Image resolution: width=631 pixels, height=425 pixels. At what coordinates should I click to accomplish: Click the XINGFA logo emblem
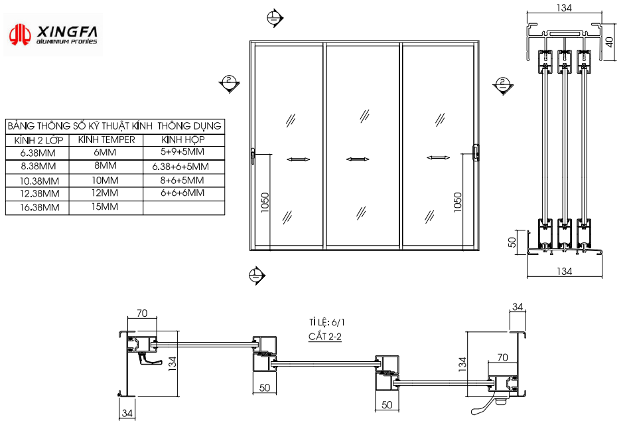[x=20, y=35]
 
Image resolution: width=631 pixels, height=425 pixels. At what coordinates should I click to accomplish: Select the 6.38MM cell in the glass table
[x=38, y=153]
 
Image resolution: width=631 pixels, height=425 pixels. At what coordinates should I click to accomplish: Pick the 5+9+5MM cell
[x=182, y=152]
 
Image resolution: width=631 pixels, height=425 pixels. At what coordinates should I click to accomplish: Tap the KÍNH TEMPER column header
[x=106, y=139]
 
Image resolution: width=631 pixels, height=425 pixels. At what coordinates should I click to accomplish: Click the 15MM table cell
[x=105, y=207]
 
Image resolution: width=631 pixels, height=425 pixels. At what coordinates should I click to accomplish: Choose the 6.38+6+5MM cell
[x=180, y=167]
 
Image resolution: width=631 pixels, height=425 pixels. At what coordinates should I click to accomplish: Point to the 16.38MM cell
[x=39, y=207]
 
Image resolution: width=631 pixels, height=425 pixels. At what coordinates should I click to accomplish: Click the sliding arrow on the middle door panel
[x=358, y=159]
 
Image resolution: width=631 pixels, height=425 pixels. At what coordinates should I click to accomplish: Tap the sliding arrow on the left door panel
[x=298, y=159]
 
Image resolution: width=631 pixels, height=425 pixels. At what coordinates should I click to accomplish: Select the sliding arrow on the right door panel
[x=438, y=157]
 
